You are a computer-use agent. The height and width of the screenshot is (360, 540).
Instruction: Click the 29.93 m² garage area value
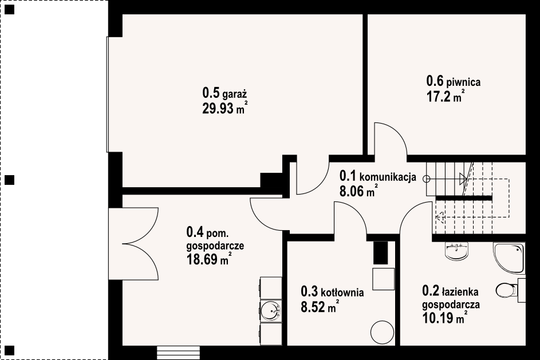225,108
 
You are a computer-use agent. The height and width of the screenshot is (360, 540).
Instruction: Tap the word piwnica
463,82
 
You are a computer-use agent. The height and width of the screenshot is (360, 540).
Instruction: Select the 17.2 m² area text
446,97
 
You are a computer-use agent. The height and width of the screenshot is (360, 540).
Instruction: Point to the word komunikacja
388,177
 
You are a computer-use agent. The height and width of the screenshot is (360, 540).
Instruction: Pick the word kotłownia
342,292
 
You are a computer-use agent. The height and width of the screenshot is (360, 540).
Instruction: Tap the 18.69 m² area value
208,259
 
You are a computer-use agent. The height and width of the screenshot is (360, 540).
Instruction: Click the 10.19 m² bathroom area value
444,318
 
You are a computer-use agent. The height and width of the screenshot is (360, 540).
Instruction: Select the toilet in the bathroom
507,290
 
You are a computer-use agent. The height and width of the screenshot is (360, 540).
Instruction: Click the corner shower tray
509,258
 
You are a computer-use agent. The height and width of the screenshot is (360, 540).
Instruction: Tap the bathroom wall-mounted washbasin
456,251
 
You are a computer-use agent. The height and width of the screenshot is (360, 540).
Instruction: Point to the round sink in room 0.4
271,311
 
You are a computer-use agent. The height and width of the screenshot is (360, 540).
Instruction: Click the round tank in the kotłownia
382,333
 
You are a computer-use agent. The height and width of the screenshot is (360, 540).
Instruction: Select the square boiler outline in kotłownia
383,279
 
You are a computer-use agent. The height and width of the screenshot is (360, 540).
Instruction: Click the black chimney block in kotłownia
381,253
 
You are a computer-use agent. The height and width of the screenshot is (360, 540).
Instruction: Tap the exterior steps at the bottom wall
179,353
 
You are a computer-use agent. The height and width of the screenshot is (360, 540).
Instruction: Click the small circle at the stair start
427,179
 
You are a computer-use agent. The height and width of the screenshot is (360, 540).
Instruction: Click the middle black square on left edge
10,180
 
